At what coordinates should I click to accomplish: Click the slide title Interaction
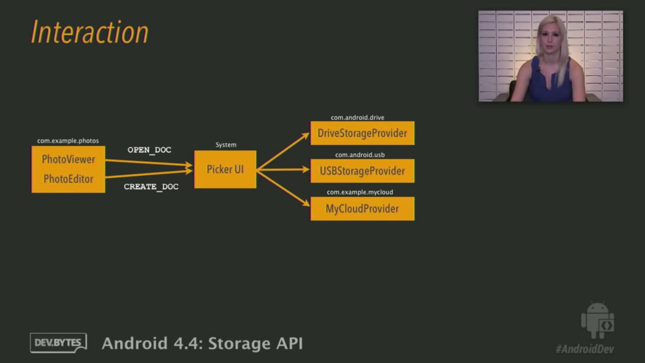tap(90, 32)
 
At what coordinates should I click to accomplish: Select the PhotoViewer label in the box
tap(69, 159)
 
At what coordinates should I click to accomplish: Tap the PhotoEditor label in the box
tap(69, 179)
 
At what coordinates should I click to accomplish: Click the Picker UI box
tap(225, 169)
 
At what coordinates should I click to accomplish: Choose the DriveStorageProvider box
tap(362, 133)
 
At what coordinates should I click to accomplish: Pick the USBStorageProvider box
tap(362, 171)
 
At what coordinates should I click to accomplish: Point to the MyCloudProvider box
tap(362, 209)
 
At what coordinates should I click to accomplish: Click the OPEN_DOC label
tap(149, 150)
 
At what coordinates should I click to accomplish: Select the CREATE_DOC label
tap(151, 187)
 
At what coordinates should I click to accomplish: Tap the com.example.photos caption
tap(68, 141)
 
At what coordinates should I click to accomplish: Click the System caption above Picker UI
tap(226, 145)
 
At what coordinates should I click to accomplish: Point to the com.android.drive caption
tap(357, 117)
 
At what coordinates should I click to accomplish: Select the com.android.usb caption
tap(360, 155)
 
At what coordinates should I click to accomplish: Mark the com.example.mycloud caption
tap(360, 192)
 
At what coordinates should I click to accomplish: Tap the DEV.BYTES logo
tap(58, 343)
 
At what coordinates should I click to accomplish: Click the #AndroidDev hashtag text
tap(585, 349)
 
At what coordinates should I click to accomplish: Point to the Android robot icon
tap(598, 320)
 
